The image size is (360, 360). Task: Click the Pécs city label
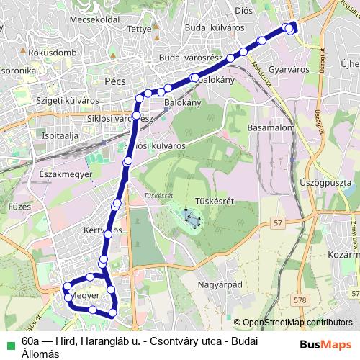pos(114,81)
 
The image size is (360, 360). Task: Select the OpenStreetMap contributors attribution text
pos(297,323)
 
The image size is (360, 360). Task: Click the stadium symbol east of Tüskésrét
pos(191,215)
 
